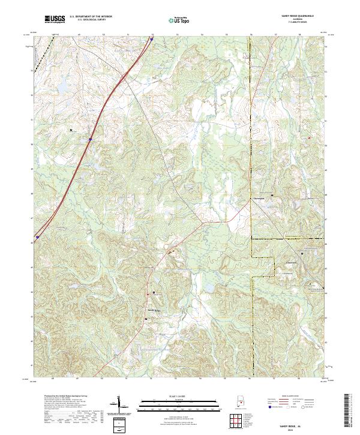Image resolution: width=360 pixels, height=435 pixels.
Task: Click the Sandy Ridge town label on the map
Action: pyautogui.click(x=154, y=310)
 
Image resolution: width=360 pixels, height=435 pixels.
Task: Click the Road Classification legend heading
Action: pyautogui.click(x=291, y=397)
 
